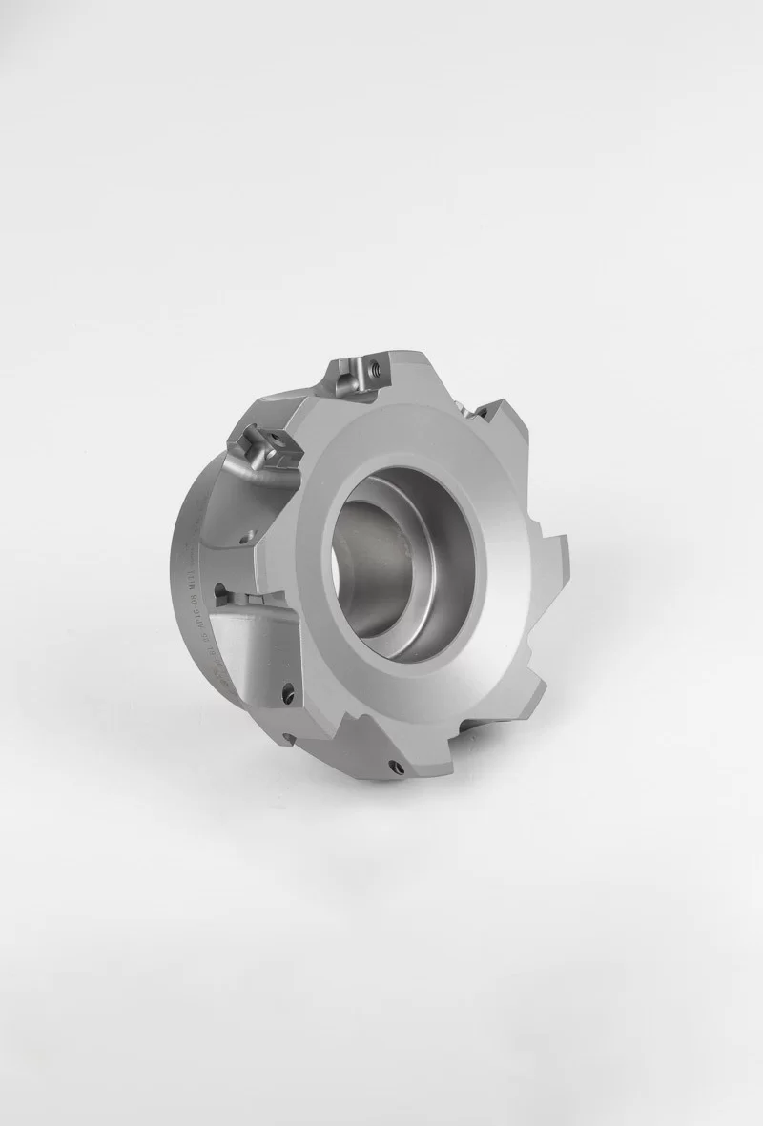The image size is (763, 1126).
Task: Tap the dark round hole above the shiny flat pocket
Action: click(x=220, y=589)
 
